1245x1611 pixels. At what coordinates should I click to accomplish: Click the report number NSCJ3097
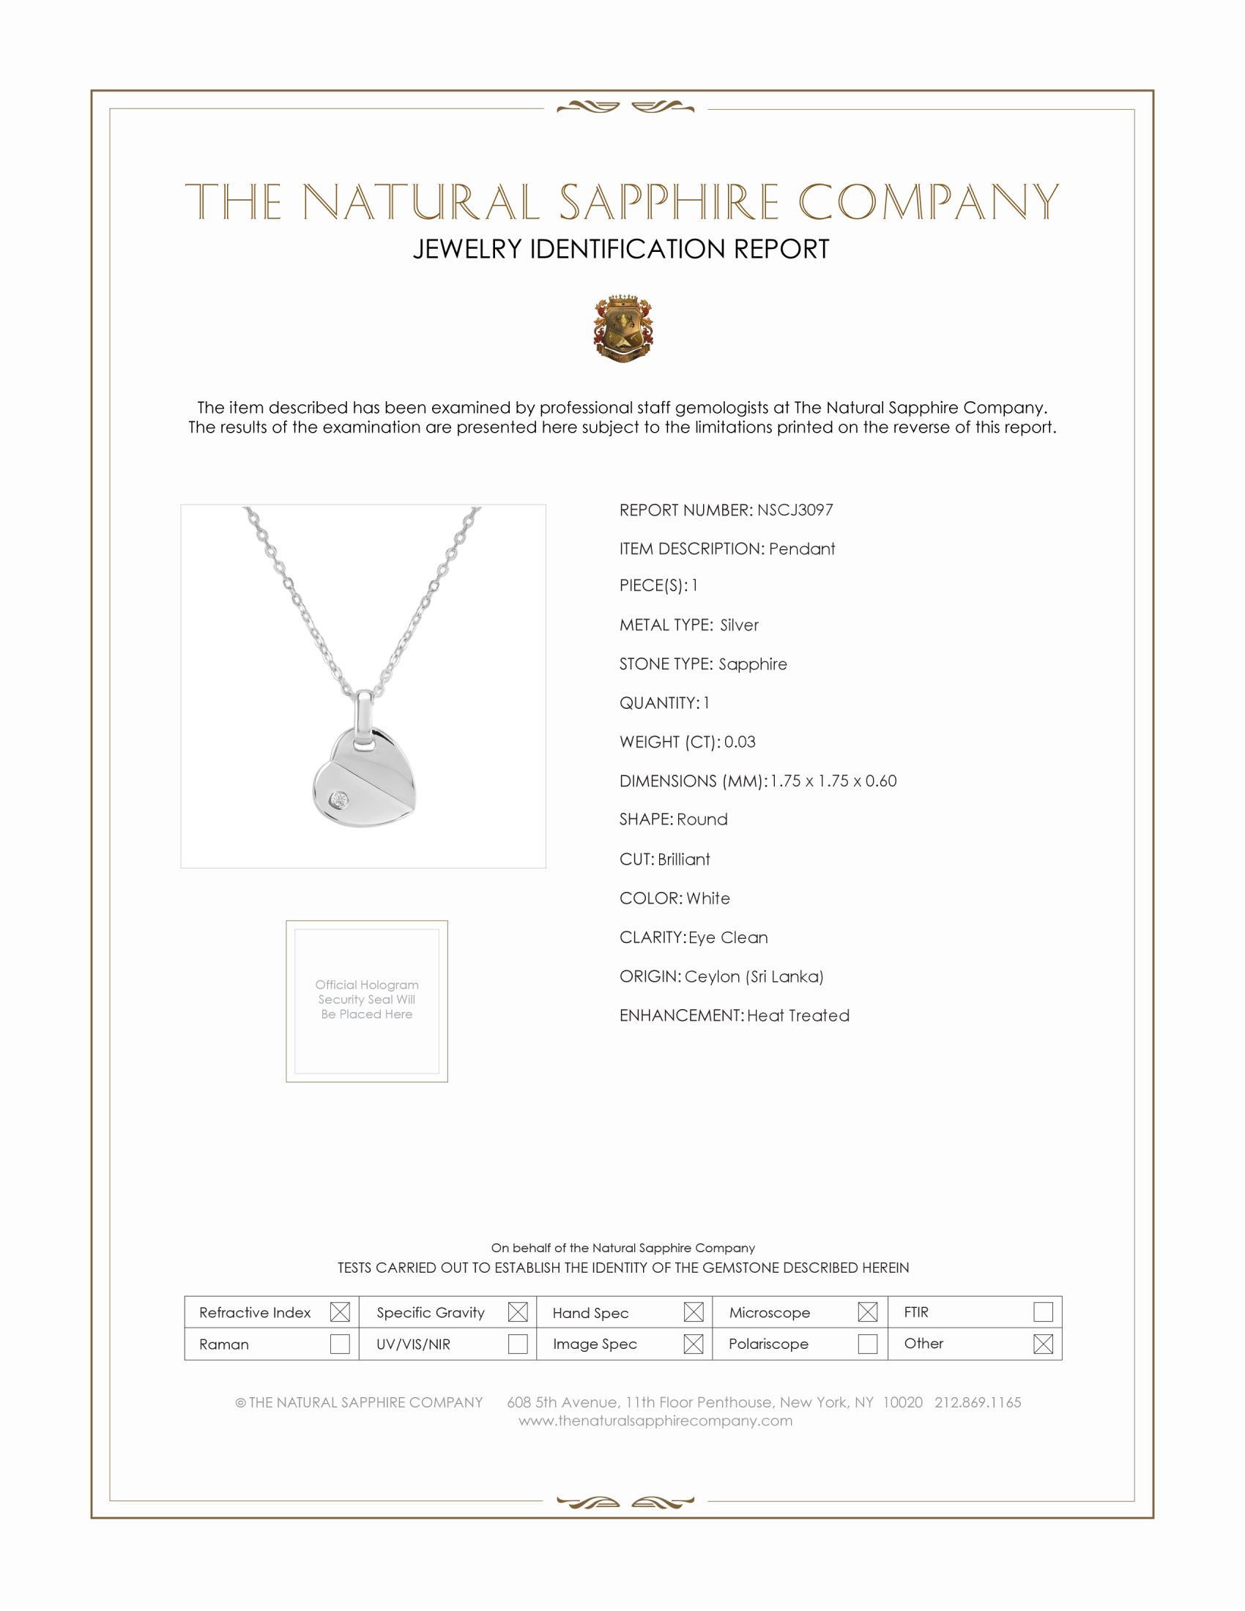point(795,510)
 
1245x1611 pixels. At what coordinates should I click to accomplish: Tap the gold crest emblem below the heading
point(623,328)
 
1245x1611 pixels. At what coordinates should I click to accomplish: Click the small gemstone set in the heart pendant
point(340,800)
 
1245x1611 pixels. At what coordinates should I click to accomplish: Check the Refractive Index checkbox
point(339,1312)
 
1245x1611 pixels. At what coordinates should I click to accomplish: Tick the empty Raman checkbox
point(339,1343)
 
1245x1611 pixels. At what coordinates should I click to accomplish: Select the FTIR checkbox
point(1042,1312)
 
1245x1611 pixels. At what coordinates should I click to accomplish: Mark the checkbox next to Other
point(1042,1343)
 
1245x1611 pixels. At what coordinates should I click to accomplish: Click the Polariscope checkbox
point(867,1343)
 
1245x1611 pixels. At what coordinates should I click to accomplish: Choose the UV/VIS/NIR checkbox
point(518,1343)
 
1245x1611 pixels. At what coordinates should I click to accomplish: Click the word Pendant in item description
point(802,548)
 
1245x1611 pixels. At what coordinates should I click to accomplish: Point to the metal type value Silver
point(739,625)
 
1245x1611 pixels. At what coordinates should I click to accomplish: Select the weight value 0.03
point(740,741)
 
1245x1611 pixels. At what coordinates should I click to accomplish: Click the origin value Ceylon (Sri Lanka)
point(754,976)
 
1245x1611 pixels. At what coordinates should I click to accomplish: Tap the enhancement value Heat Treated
point(798,1015)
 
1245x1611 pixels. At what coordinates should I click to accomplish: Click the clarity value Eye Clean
point(728,937)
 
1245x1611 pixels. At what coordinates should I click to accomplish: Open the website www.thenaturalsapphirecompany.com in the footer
point(655,1420)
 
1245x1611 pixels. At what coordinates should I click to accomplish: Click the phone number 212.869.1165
point(977,1402)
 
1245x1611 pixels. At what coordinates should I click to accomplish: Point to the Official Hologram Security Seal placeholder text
point(367,999)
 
